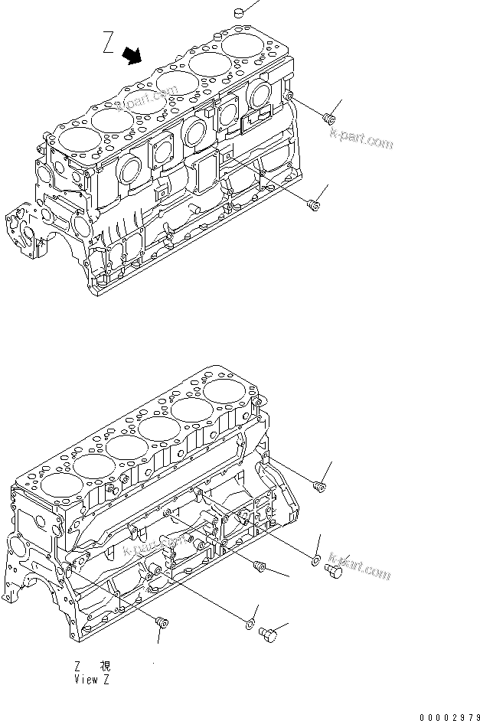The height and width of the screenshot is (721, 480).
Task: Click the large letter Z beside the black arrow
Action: (109, 44)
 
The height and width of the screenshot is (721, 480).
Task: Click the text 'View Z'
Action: (93, 678)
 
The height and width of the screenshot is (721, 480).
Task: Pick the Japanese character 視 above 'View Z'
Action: (105, 666)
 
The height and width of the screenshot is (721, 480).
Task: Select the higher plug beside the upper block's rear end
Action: (331, 118)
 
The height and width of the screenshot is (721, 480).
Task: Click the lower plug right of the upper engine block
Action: (312, 203)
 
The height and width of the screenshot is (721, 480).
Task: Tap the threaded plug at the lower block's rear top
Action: (320, 485)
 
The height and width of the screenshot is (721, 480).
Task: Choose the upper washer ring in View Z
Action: (315, 562)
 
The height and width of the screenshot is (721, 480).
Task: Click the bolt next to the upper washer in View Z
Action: (334, 571)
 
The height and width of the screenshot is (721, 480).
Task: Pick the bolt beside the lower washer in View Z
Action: (269, 633)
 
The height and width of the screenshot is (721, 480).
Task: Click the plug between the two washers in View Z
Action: (258, 566)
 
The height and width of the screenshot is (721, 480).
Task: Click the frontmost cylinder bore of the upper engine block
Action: (68, 139)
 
